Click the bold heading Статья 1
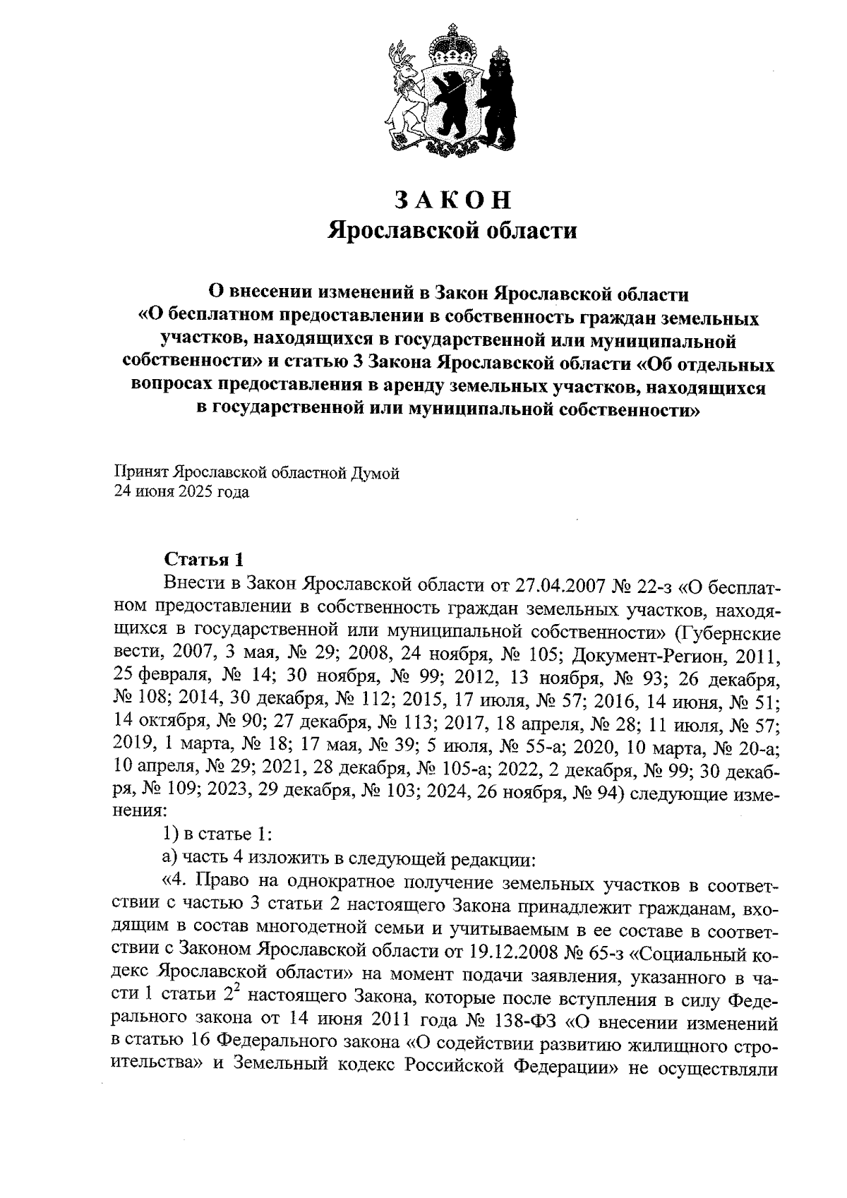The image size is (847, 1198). click(x=203, y=561)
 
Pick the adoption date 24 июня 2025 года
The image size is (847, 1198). click(x=182, y=492)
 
